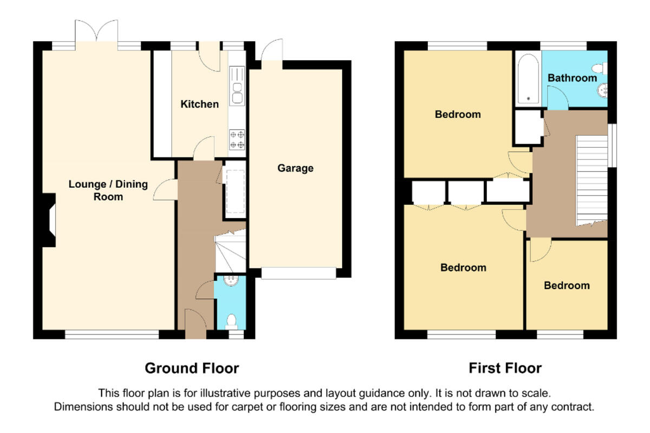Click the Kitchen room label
[200, 104]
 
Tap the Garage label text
[295, 168]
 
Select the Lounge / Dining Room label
[108, 191]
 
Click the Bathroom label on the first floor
[572, 78]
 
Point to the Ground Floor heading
[192, 369]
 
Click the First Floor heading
[505, 369]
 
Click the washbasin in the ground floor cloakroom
[231, 281]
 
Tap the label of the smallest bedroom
[567, 285]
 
